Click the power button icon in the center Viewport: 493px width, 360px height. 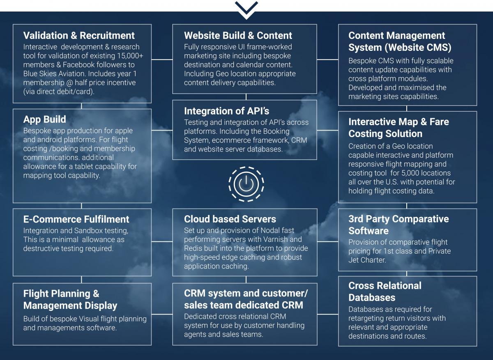(246, 184)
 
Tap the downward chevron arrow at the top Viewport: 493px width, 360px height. (246, 9)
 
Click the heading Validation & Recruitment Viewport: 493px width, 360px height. (79, 35)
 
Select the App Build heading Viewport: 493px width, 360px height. (44, 119)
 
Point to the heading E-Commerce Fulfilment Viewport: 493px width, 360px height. (76, 219)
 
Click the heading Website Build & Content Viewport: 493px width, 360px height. (238, 35)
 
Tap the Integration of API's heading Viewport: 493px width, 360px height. (226, 111)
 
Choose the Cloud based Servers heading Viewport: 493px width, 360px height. (230, 219)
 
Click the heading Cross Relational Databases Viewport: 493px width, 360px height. (385, 291)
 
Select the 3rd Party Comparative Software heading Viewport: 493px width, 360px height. (398, 225)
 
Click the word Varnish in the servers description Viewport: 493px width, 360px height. (289, 239)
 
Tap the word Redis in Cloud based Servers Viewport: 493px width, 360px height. (193, 248)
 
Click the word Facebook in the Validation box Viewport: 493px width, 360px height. (79, 65)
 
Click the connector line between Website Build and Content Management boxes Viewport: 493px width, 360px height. (327, 60)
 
